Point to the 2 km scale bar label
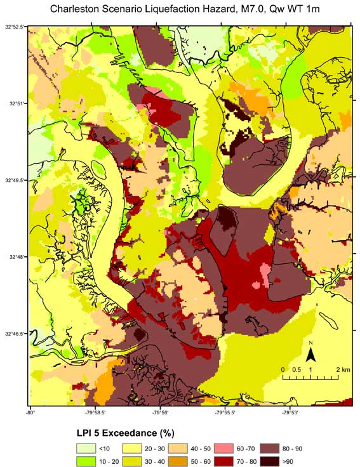point(343,369)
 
